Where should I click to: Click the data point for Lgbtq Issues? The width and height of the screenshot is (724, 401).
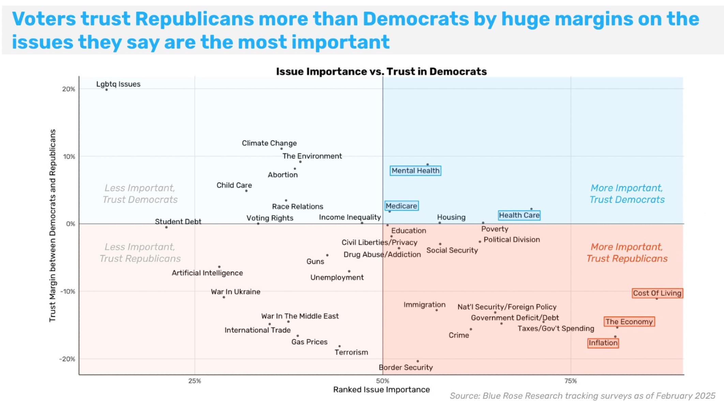[x=107, y=90]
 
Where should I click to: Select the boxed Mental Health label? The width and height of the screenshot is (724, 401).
[x=416, y=170]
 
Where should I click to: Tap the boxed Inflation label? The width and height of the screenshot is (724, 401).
[x=603, y=343]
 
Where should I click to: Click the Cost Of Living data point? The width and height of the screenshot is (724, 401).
[x=657, y=299]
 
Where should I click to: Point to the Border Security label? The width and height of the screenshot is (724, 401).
[x=406, y=368]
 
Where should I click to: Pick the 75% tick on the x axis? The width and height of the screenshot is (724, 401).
[x=571, y=381]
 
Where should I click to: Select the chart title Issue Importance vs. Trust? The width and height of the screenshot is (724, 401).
[x=381, y=72]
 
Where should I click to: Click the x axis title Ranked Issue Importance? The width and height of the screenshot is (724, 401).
[x=381, y=390]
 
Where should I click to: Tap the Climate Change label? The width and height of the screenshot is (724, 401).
[x=269, y=143]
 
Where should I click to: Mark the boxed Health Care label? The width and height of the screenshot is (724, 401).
[x=519, y=216]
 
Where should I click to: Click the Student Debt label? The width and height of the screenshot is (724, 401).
[x=178, y=222]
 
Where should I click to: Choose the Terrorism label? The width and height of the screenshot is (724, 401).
[x=351, y=353]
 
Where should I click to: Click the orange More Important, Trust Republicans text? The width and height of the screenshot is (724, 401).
[x=627, y=253]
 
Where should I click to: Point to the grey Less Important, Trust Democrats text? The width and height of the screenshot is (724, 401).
[x=140, y=194]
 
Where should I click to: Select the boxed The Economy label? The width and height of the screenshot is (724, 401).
[x=629, y=322]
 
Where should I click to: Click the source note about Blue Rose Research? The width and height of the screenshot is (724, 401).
[x=582, y=396]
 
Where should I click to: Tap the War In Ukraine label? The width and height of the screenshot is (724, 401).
[x=236, y=292]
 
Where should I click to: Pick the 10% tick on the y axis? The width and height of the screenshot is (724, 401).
[x=69, y=157]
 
